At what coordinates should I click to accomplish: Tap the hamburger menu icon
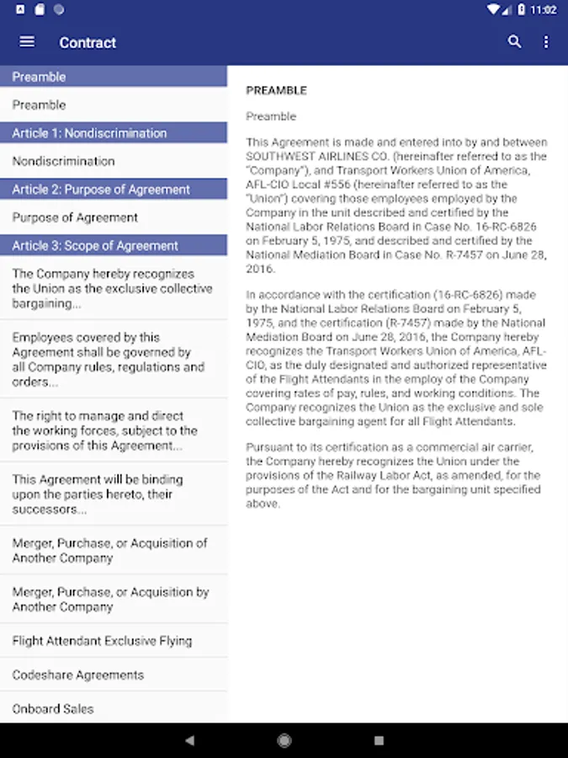[27, 42]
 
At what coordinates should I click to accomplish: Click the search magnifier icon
[514, 42]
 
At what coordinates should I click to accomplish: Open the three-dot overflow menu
[545, 42]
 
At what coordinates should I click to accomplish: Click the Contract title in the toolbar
[88, 43]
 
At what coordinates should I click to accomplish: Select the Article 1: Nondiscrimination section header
[89, 133]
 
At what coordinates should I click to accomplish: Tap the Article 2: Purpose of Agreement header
[101, 189]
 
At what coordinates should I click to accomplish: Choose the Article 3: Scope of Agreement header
[95, 246]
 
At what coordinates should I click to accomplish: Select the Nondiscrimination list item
[63, 161]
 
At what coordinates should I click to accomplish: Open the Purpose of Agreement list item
[75, 217]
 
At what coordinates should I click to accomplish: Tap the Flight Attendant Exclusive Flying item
[102, 641]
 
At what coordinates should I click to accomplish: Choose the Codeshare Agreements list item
[77, 675]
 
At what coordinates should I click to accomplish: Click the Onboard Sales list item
[53, 709]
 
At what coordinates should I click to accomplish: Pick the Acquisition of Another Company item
[109, 550]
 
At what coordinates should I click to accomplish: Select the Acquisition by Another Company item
[109, 599]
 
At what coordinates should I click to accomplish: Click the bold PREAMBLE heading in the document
[276, 91]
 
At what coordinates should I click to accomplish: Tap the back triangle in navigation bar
[189, 740]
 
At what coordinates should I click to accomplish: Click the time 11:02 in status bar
[544, 10]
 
